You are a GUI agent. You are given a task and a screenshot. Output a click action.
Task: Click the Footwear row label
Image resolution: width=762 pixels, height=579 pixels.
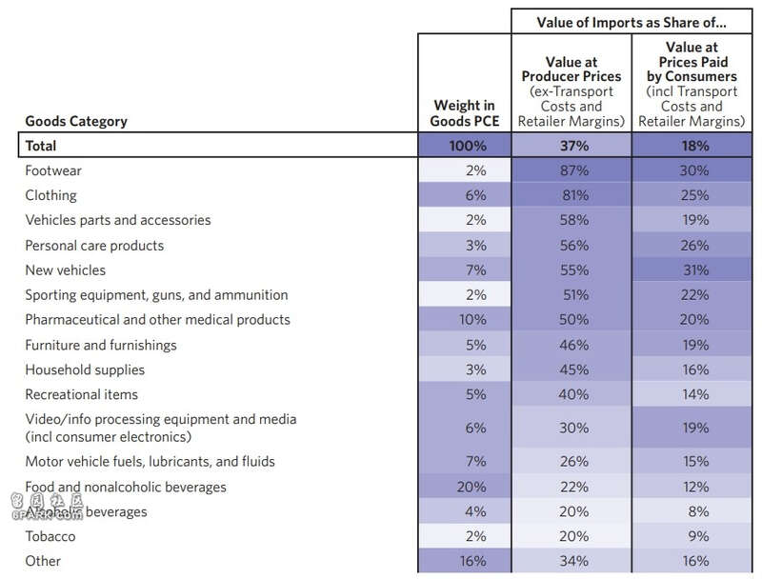(53, 170)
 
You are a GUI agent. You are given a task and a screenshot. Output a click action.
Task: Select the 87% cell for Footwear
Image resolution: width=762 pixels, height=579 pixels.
(574, 170)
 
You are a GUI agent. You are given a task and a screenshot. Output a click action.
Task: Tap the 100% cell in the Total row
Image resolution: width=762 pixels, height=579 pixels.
(468, 146)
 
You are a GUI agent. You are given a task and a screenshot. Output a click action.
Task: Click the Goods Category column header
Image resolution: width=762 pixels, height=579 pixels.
(76, 121)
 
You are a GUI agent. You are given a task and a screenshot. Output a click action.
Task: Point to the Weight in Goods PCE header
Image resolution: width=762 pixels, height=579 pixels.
(465, 113)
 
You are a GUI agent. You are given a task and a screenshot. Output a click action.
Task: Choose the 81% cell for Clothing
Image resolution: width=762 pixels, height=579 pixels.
(575, 195)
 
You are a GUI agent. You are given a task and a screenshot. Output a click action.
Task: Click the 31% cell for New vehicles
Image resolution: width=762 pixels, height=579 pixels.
(696, 270)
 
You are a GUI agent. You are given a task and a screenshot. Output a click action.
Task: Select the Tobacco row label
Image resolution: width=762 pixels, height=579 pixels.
(50, 536)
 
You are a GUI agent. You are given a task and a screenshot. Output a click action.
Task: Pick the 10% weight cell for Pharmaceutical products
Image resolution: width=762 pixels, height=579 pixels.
(472, 320)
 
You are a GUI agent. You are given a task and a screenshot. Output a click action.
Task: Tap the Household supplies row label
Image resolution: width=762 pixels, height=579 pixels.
(85, 369)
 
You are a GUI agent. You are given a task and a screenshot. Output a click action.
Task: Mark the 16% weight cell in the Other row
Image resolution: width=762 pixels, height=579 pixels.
(472, 561)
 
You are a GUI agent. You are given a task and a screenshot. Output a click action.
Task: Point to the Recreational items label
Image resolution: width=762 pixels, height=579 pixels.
(82, 394)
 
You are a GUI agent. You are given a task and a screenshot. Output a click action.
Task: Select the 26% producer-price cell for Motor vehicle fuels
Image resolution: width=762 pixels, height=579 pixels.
(574, 462)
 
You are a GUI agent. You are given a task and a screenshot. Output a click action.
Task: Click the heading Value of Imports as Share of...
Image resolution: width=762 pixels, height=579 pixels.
(632, 22)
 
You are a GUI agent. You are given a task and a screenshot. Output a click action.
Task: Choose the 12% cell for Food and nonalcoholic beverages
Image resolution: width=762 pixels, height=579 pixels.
(695, 487)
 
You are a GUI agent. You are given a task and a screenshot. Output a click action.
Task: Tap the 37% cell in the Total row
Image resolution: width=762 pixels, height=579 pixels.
(574, 146)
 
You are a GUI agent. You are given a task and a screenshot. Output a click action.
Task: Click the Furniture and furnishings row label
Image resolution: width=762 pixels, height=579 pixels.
(101, 345)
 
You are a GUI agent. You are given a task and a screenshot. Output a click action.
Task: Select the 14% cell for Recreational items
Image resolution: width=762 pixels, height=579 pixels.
(695, 394)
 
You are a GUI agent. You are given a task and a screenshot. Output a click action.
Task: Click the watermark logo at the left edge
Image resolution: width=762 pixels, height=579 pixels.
(47, 507)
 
